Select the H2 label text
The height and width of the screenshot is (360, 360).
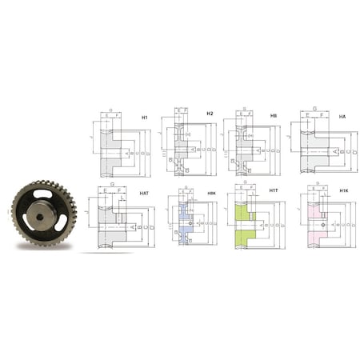coord(210,114)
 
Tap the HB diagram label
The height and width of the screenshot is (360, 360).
coord(274,116)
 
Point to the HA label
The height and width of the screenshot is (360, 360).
coord(342,117)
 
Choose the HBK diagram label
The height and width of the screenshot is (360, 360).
coord(210,193)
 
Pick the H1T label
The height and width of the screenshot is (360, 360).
coord(273,193)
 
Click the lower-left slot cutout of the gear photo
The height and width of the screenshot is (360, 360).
coord(22,226)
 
